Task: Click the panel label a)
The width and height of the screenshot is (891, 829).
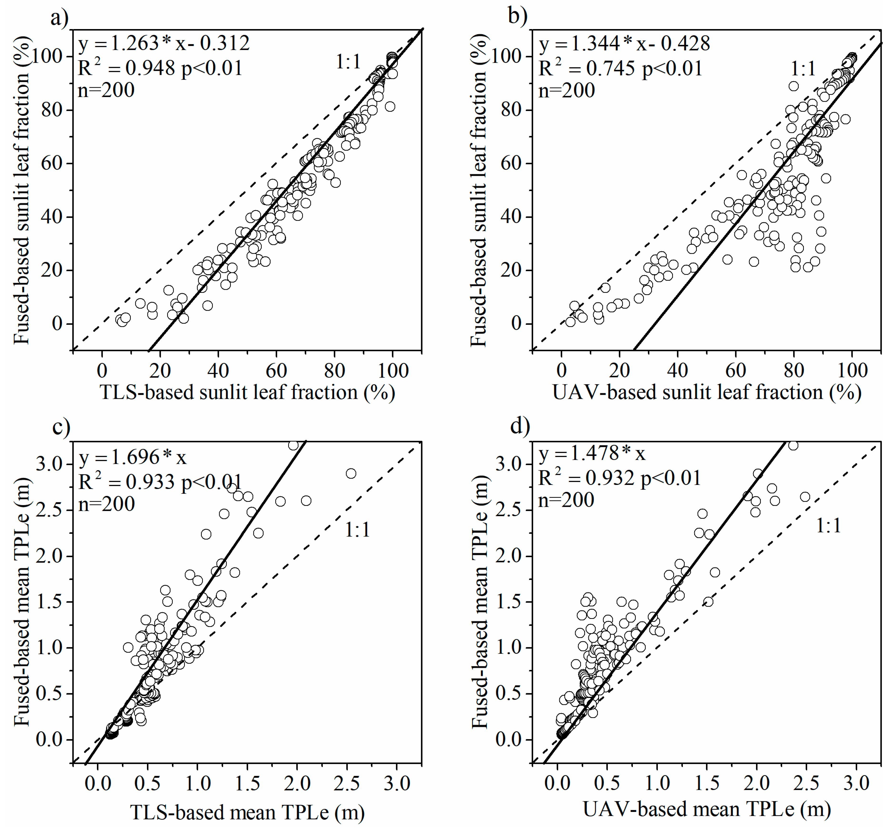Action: pyautogui.click(x=60, y=18)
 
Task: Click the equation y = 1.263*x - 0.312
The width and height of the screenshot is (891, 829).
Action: pyautogui.click(x=164, y=44)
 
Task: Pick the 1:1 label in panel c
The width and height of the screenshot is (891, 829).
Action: pyautogui.click(x=357, y=530)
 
